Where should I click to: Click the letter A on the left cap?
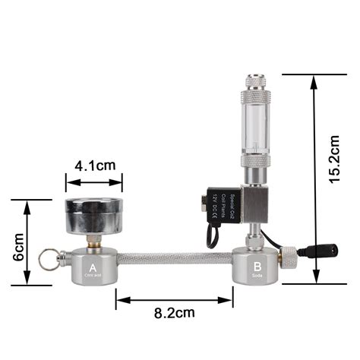[x=93, y=267]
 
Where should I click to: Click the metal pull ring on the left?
[x=49, y=259]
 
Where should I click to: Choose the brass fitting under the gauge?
[x=93, y=241]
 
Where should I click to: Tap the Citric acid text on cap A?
[x=93, y=276]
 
